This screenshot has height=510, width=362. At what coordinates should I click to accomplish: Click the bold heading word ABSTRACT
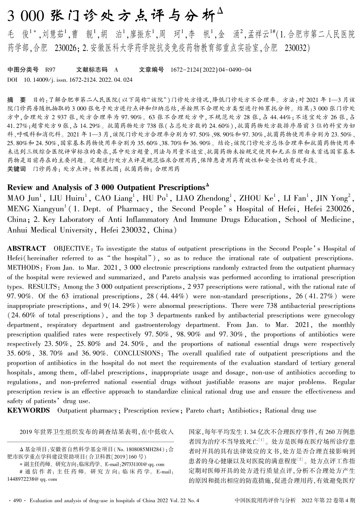pyautogui.click(x=27, y=249)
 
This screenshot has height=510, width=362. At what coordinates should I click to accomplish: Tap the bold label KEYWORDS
pyautogui.click(x=28, y=410)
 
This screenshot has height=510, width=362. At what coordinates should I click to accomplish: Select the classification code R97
pyautogui.click(x=50, y=70)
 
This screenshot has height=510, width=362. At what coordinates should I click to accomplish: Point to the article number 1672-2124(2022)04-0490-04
pyautogui.click(x=211, y=70)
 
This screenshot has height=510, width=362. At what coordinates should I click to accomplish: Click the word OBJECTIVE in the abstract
pyautogui.click(x=72, y=249)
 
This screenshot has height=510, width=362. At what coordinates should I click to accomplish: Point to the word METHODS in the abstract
pyautogui.click(x=23, y=268)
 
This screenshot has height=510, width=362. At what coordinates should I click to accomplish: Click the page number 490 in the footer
pyautogui.click(x=17, y=501)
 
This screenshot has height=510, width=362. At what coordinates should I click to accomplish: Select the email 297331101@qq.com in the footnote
pyautogui.click(x=142, y=464)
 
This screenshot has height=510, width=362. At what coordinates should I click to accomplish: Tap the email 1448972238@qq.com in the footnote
pyautogui.click(x=32, y=479)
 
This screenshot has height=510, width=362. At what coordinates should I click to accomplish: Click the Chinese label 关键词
pyautogui.click(x=16, y=169)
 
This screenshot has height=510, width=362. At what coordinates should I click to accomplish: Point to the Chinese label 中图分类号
pyautogui.click(x=23, y=70)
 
